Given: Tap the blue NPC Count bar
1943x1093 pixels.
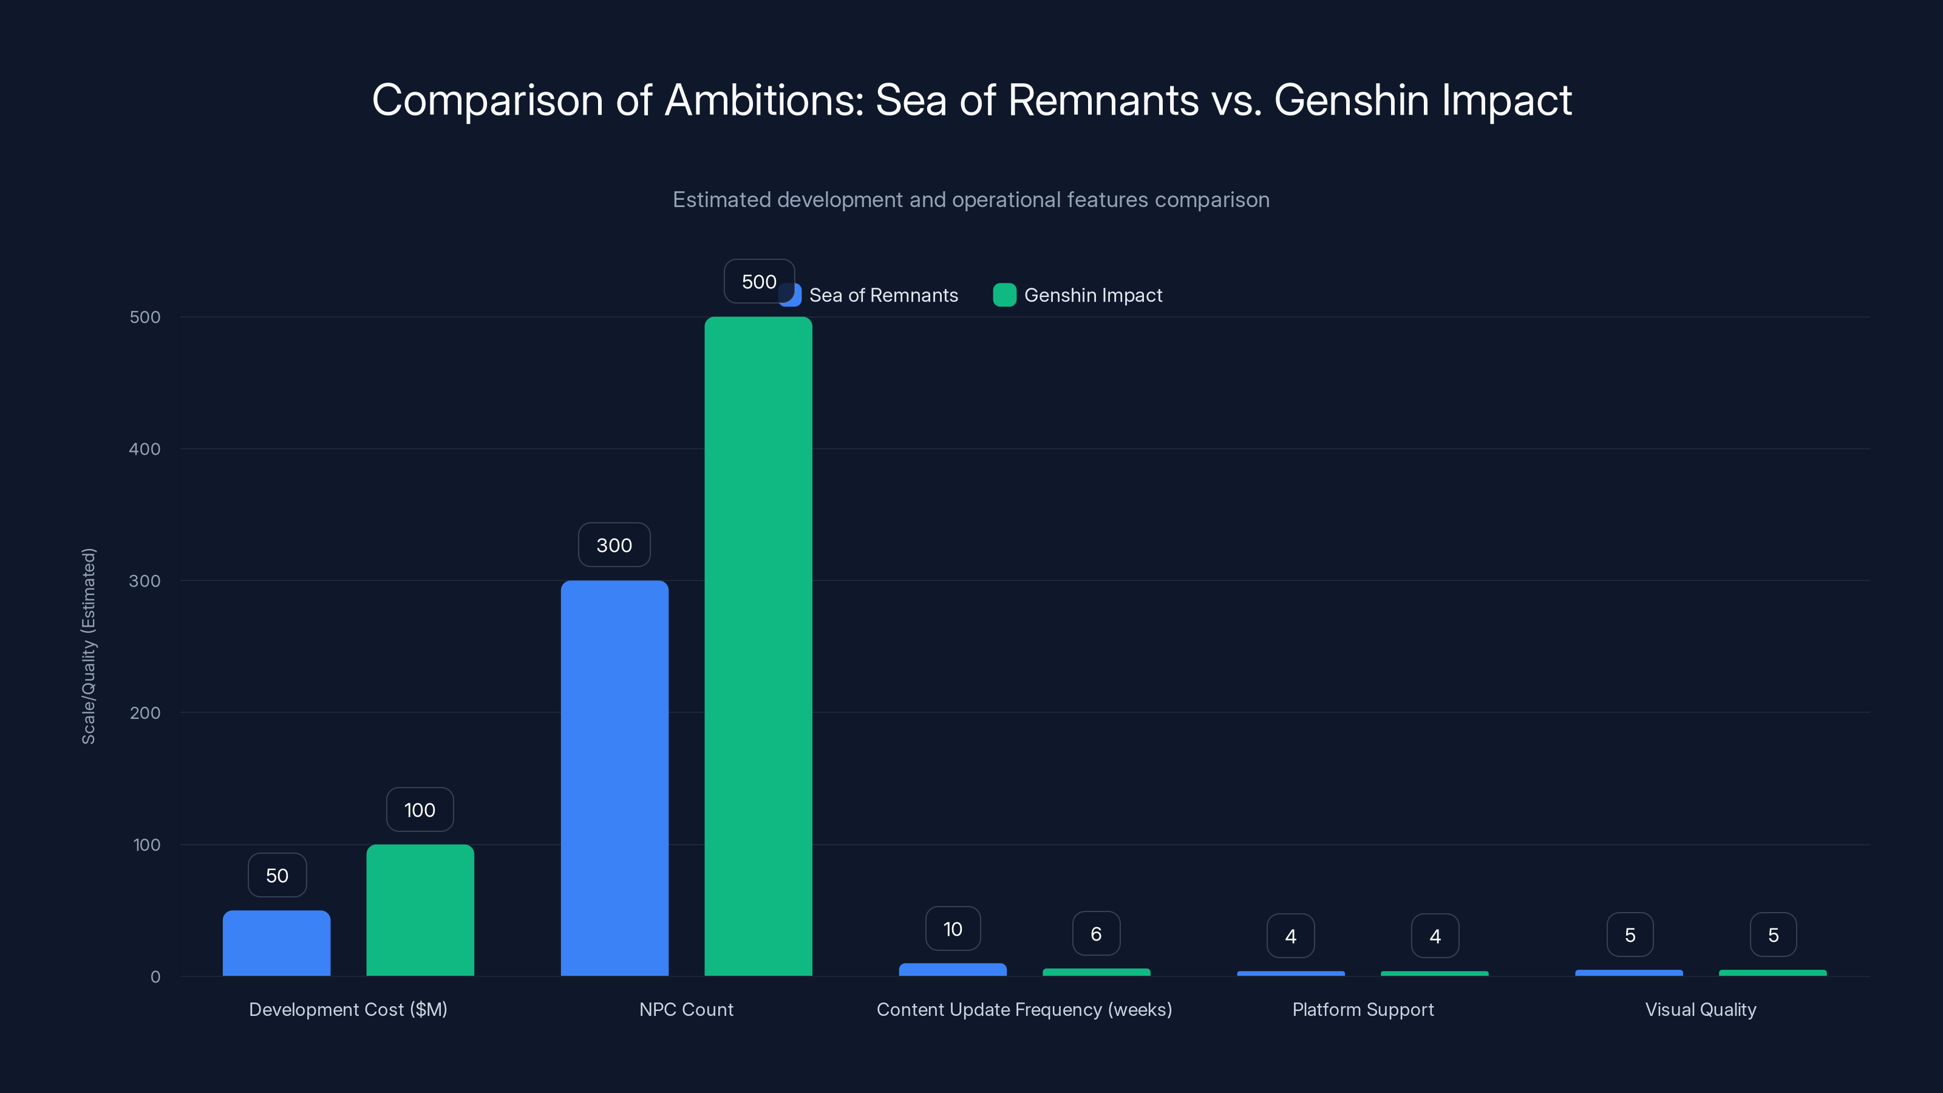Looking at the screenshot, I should point(614,778).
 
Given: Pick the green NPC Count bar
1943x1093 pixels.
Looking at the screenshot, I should point(758,647).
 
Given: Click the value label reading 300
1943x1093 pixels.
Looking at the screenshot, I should point(614,545).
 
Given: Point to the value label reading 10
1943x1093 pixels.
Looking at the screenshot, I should point(953,928).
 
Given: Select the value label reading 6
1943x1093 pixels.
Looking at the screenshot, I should point(1096,934).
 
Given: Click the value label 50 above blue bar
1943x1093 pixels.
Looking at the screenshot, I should point(277,875).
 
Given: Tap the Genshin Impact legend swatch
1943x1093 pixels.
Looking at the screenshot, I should point(1004,295).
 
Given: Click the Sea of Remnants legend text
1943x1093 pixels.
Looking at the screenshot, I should point(883,295).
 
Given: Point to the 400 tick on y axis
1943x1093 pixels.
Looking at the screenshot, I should point(145,449).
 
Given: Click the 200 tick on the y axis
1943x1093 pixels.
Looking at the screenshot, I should point(145,713).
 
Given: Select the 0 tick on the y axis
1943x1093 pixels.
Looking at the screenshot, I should point(155,977).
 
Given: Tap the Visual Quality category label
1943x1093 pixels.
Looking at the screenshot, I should point(1700,1009).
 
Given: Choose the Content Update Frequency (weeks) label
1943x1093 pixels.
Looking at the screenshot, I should point(1024,1009).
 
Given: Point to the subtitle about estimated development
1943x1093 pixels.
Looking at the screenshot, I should point(971,200).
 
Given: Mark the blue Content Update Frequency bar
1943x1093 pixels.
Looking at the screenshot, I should point(953,969).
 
